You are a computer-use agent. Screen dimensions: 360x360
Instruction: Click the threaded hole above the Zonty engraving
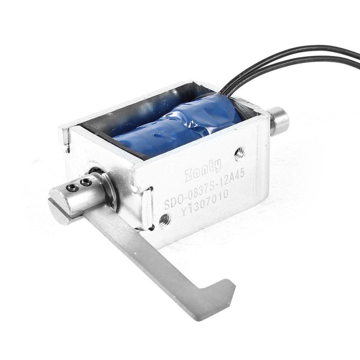pyautogui.click(x=240, y=152)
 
